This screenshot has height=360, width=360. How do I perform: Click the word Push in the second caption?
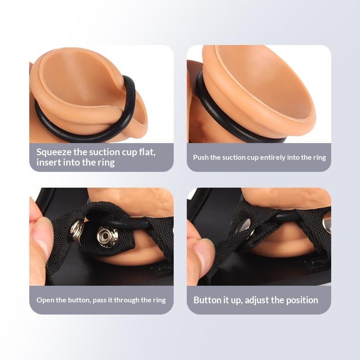point(201,157)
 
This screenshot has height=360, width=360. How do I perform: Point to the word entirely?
point(273,158)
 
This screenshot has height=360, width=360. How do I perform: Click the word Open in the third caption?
point(44,300)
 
